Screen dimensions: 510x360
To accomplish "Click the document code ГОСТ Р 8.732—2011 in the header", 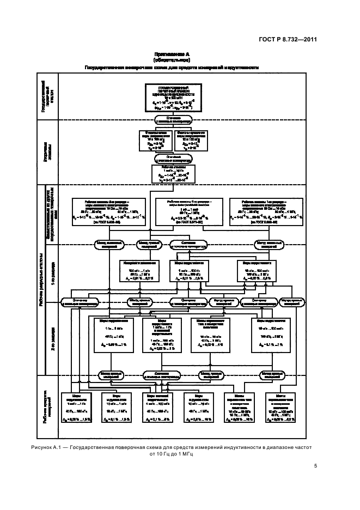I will [286, 39].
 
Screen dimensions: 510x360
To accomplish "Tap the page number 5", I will [315, 465].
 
